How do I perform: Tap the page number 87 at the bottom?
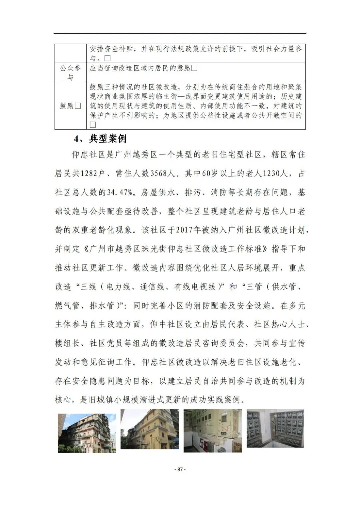pyautogui.click(x=180, y=469)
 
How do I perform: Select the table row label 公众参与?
pyautogui.click(x=70, y=73)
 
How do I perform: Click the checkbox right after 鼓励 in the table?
pyautogui.click(x=78, y=106)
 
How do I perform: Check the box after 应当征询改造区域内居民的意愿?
pyautogui.click(x=194, y=68)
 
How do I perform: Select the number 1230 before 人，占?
pyautogui.click(x=274, y=174)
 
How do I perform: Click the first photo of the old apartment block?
pyautogui.click(x=87, y=433)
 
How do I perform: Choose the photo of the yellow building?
pyautogui.click(x=150, y=431)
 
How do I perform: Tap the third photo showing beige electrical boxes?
pyautogui.click(x=213, y=431)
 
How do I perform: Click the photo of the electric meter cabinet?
pyautogui.click(x=275, y=428)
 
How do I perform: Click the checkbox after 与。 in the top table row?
pyautogui.click(x=107, y=58)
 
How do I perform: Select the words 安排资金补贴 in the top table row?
pyautogui.click(x=111, y=49)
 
